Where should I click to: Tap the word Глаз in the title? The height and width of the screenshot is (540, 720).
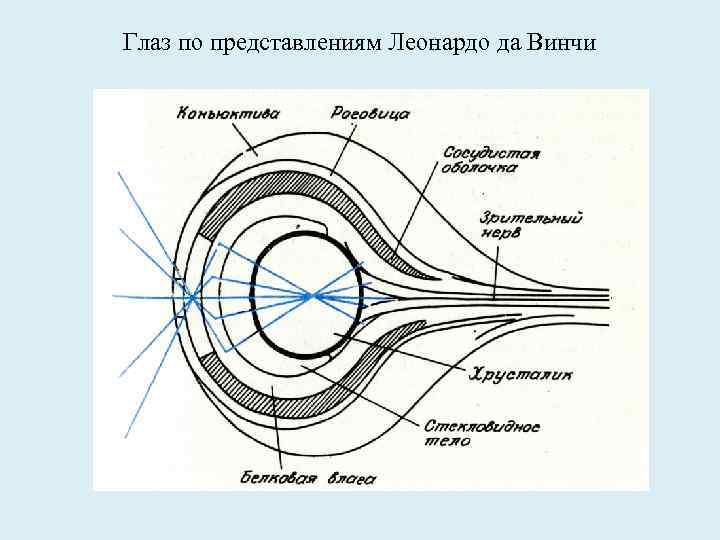click(x=144, y=44)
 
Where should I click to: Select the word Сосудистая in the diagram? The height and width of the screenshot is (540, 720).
click(x=489, y=155)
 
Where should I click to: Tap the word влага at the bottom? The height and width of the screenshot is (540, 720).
click(x=348, y=478)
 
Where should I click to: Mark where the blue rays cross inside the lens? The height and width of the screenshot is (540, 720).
click(x=314, y=295)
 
